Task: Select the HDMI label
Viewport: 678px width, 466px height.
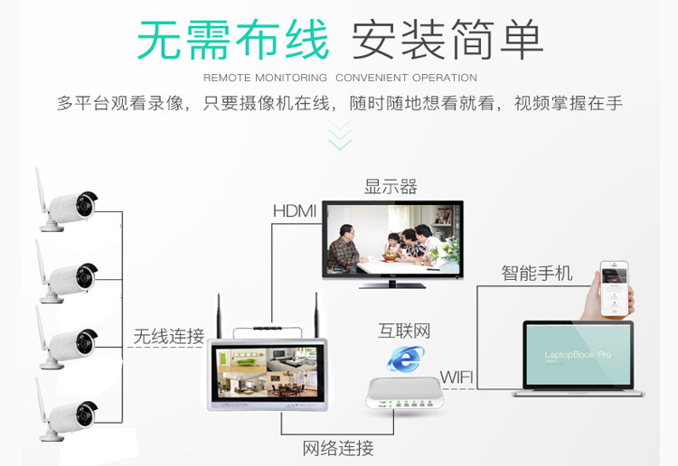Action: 295,211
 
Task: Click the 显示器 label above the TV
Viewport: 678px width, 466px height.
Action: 391,187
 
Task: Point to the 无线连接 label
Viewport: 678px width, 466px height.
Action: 169,337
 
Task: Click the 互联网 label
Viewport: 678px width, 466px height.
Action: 404,331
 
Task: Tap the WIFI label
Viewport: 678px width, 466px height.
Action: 457,377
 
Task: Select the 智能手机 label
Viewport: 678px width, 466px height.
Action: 537,273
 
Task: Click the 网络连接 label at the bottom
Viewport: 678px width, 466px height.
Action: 338,448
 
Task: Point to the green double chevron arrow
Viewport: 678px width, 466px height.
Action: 340,135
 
